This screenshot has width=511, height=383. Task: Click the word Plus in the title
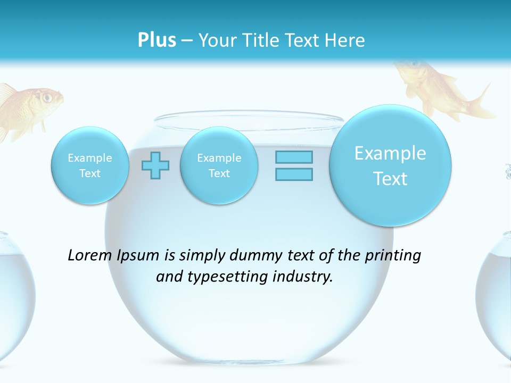click(x=156, y=40)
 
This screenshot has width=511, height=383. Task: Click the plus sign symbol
click(x=155, y=165)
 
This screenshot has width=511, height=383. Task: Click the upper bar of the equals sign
click(x=294, y=157)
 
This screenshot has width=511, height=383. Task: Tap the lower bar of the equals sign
click(x=294, y=174)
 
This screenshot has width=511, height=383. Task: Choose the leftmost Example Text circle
click(x=89, y=165)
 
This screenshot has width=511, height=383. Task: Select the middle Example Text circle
click(x=219, y=165)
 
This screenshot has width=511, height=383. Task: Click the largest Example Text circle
click(x=390, y=165)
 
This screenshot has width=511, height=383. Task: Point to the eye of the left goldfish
click(x=47, y=97)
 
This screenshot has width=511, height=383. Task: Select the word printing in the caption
click(x=393, y=255)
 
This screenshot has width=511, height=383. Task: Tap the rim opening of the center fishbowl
click(x=250, y=120)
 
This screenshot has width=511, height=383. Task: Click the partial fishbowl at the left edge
click(x=13, y=298)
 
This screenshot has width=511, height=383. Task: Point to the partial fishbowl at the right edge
click(x=498, y=298)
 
